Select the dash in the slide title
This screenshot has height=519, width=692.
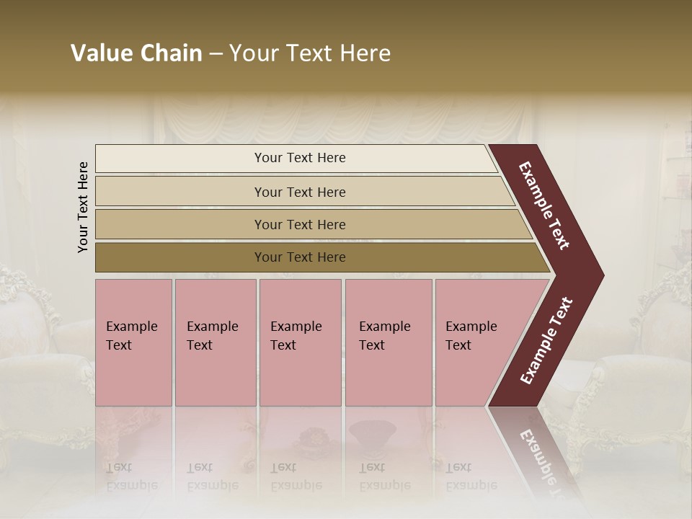point(216,54)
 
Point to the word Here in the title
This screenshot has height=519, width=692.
point(365,53)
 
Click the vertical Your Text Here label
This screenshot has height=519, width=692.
point(83,207)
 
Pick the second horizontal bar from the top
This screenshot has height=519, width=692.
point(300,192)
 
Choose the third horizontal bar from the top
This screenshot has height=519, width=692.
point(300,224)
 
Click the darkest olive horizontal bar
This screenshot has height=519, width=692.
point(300,257)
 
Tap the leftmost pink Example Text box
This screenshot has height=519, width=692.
point(133,342)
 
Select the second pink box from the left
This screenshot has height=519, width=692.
point(215,342)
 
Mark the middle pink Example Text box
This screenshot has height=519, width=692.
point(300,342)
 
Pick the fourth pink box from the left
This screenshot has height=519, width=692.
point(388,342)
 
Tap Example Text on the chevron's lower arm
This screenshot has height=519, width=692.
point(546,341)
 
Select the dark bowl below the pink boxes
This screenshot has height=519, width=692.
point(371,432)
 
